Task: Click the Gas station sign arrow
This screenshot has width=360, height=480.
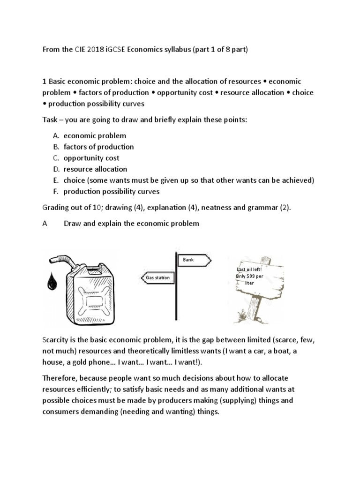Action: pos(157,277)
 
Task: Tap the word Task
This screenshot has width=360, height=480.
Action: pos(51,120)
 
